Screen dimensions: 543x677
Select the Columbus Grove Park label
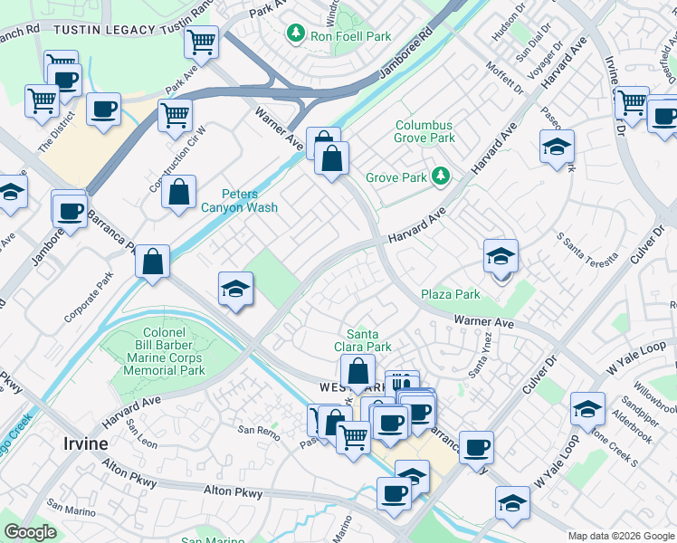point(424,132)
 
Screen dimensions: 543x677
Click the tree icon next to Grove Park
point(441,175)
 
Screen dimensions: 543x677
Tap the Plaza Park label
point(450,294)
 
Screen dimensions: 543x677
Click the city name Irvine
point(86,443)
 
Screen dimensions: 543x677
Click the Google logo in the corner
point(31,532)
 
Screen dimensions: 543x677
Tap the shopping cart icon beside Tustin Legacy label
point(201,41)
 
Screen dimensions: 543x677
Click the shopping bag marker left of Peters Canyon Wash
point(179,191)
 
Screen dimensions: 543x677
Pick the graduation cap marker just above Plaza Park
point(501,257)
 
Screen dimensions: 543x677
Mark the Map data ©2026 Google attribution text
point(620,536)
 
